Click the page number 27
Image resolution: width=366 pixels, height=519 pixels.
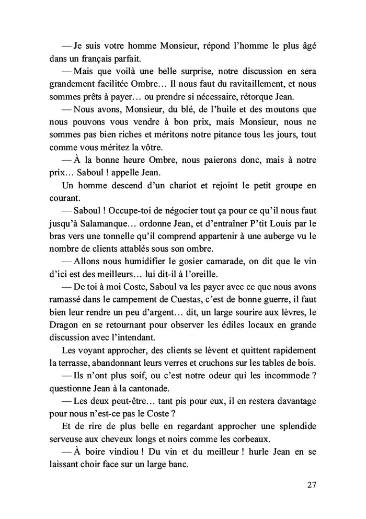tap(311, 484)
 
